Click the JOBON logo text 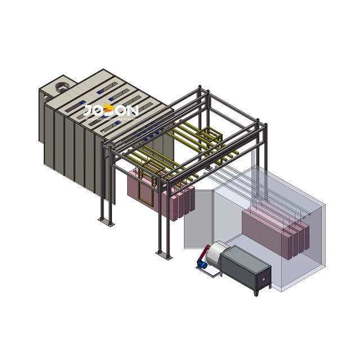(110, 111)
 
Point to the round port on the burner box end (263, 279)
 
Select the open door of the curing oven (197, 219)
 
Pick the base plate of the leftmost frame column (105, 223)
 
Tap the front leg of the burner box (256, 291)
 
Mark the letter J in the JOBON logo (89, 111)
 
